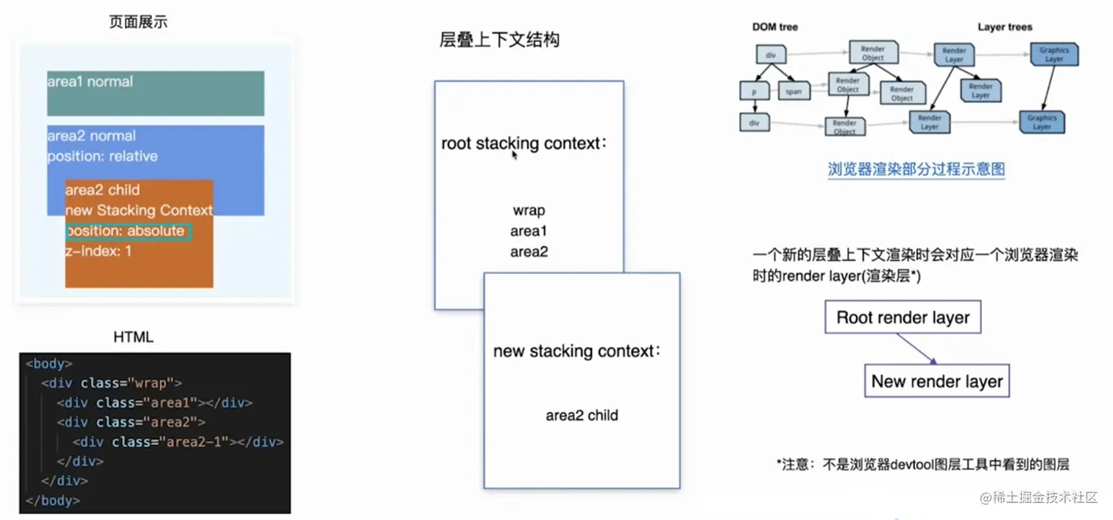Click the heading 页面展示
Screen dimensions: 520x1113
tap(138, 22)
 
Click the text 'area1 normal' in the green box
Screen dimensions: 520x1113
tap(90, 82)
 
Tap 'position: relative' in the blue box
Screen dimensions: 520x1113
tap(102, 156)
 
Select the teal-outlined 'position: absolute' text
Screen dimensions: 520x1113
tap(127, 231)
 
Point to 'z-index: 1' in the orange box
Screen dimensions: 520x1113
tap(98, 251)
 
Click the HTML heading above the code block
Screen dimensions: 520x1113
tap(133, 337)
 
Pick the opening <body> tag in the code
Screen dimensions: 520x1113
tap(49, 364)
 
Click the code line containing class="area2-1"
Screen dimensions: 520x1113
tap(178, 442)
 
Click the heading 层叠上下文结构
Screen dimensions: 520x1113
tap(499, 40)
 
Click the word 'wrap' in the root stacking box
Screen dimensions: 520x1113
tap(529, 211)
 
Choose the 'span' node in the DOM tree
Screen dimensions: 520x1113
tap(794, 92)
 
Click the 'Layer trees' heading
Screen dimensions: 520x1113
tap(1005, 27)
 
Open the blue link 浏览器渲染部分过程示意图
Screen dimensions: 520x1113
tap(916, 169)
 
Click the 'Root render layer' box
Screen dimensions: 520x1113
tap(902, 318)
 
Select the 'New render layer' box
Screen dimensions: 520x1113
tap(936, 382)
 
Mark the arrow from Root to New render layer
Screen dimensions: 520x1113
tap(916, 350)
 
